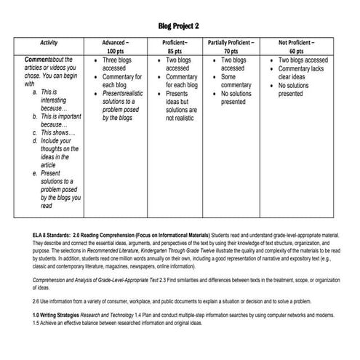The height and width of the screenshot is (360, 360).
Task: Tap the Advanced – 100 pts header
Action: [115, 48]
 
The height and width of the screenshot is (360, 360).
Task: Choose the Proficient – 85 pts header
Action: [175, 48]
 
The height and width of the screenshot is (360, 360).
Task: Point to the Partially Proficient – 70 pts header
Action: [231, 48]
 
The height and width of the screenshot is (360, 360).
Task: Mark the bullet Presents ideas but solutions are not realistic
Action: [181, 105]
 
